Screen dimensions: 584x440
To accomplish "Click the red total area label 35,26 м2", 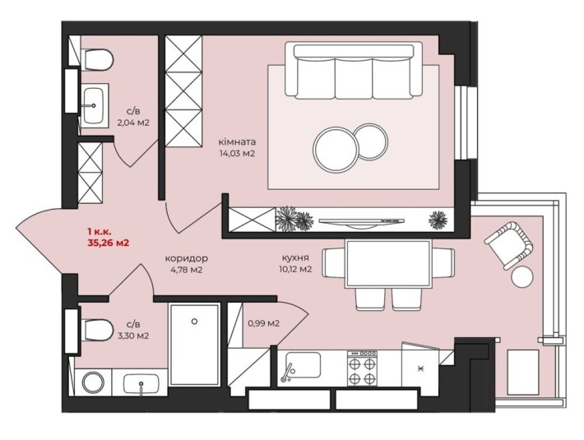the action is click(x=109, y=243).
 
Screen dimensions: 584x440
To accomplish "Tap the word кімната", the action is click(x=237, y=141).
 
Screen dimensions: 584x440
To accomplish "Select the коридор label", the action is click(x=186, y=258).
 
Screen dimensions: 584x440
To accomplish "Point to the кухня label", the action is click(x=295, y=257).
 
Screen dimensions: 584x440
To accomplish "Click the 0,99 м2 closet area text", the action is click(x=264, y=323).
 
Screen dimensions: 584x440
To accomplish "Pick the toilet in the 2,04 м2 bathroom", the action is click(x=98, y=59).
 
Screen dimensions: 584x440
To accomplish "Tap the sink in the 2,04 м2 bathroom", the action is click(x=93, y=105).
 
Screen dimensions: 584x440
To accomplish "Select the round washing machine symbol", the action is click(x=94, y=382).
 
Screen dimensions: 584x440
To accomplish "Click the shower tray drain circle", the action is click(x=194, y=322).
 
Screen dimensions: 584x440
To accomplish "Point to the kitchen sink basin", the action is click(x=304, y=365).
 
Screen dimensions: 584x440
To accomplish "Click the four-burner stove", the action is click(x=362, y=368).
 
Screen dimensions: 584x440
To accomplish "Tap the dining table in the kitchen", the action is click(x=388, y=263).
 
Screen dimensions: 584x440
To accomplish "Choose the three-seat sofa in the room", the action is click(x=354, y=71).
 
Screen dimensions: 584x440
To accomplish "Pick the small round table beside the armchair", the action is click(x=522, y=276).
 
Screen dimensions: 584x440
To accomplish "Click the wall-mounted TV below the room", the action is click(x=361, y=222).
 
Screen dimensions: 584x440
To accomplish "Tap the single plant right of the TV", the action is click(x=438, y=220).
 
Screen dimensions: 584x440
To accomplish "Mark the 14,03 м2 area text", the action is click(x=237, y=153).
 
